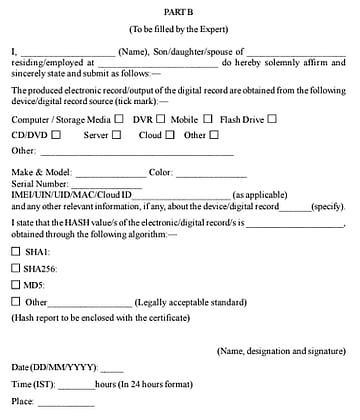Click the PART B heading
coord(180,9)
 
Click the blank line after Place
coord(67,404)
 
